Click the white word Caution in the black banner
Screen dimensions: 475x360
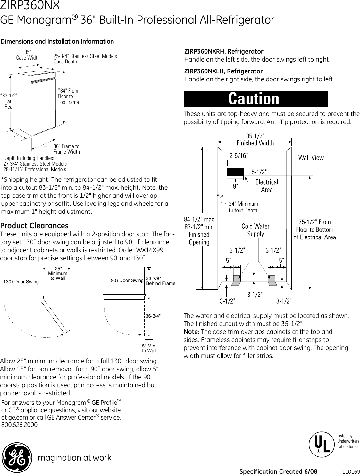point(254,99)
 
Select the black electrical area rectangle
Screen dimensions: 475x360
point(235,171)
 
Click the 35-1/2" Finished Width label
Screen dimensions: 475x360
point(255,140)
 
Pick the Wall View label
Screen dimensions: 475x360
point(311,157)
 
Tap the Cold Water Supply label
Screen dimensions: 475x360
point(255,230)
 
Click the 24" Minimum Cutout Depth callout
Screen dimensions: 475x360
point(243,207)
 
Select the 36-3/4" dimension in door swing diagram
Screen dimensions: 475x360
point(153,316)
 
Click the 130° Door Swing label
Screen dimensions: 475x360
point(21,282)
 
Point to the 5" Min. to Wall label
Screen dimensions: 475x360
point(149,348)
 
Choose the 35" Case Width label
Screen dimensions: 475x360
point(28,55)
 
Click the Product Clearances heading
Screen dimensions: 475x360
point(34,225)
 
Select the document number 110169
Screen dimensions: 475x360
point(350,471)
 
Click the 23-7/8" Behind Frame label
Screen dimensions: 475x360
point(161,281)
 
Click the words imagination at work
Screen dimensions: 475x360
point(73,458)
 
